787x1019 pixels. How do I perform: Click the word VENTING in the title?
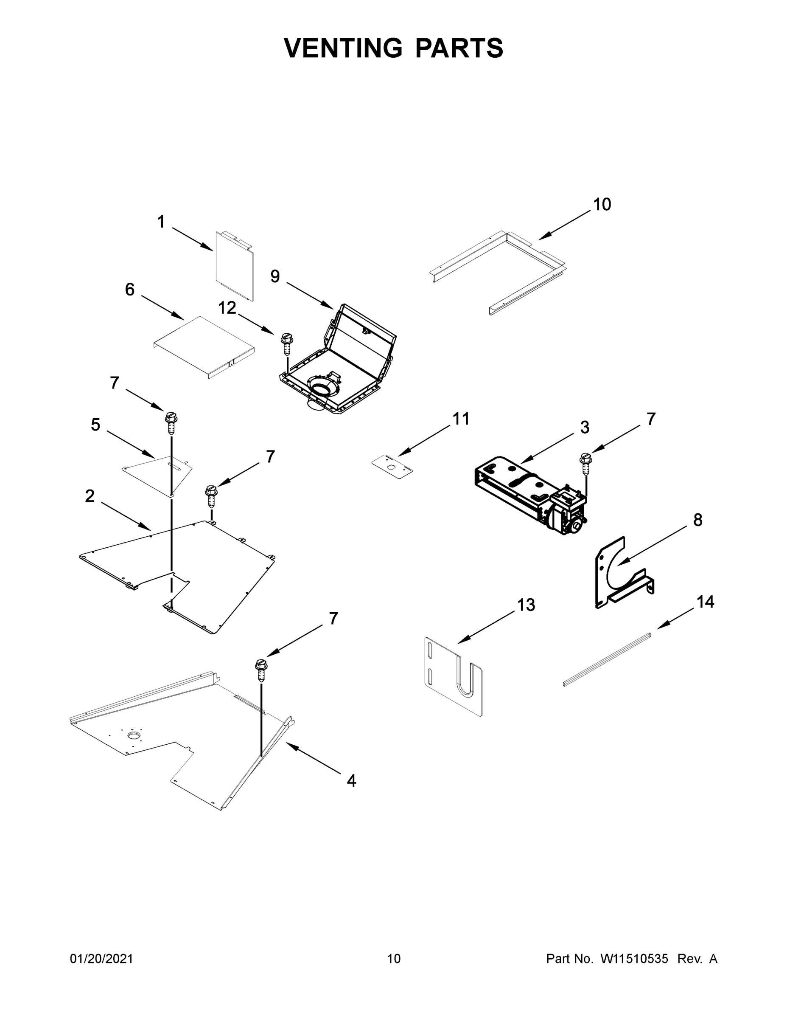[x=343, y=48]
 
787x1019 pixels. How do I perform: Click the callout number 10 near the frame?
[x=602, y=205]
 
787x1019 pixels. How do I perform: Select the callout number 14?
[x=705, y=602]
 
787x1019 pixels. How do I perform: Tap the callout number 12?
[x=227, y=308]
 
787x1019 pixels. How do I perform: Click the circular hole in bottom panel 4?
[x=135, y=736]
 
